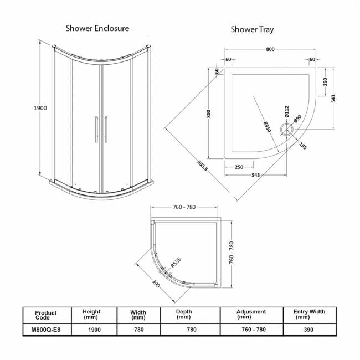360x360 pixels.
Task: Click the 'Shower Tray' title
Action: pyautogui.click(x=252, y=29)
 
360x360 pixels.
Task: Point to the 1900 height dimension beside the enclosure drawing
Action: pyautogui.click(x=39, y=107)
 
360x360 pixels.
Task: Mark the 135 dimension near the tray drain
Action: pyautogui.click(x=302, y=146)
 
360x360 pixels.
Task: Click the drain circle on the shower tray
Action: pyautogui.click(x=287, y=130)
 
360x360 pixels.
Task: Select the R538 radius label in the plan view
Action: pyautogui.click(x=176, y=261)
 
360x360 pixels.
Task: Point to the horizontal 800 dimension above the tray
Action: pyautogui.click(x=270, y=49)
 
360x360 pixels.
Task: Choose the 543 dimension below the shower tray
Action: pyautogui.click(x=256, y=176)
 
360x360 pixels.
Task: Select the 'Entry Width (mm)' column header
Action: pyautogui.click(x=309, y=315)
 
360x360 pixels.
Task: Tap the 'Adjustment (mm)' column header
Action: pyautogui.click(x=251, y=315)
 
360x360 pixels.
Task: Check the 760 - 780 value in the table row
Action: pyautogui.click(x=251, y=330)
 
